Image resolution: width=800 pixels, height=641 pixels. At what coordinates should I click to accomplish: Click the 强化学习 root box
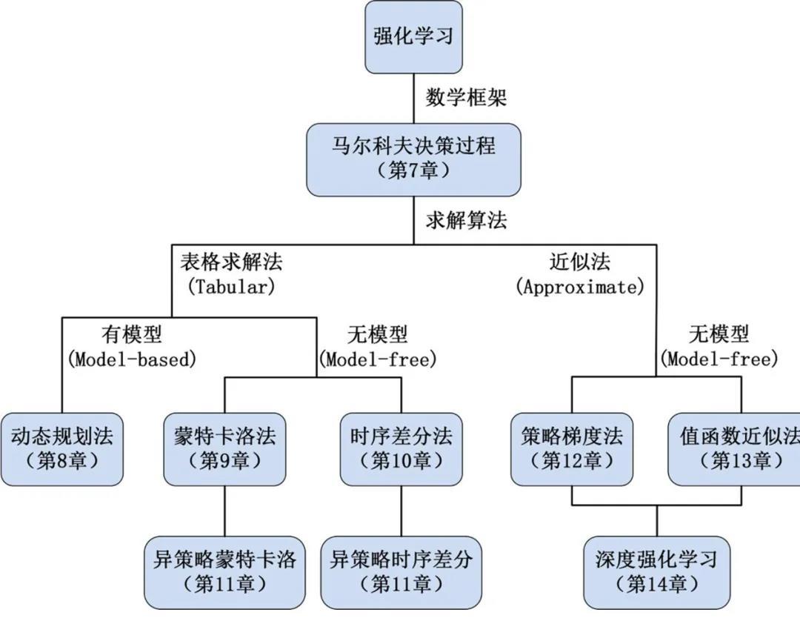[x=414, y=37]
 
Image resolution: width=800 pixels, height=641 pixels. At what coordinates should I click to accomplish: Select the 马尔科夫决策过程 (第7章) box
[x=414, y=160]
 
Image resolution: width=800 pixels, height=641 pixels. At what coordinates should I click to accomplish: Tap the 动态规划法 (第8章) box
[x=61, y=450]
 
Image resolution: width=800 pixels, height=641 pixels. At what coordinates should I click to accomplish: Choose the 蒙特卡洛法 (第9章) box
[x=224, y=450]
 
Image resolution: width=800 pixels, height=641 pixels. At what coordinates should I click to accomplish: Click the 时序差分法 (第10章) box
[x=401, y=450]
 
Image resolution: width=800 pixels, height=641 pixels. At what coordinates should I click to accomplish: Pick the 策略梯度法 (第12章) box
[x=572, y=450]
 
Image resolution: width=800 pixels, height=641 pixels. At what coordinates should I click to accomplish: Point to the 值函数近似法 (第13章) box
[x=734, y=450]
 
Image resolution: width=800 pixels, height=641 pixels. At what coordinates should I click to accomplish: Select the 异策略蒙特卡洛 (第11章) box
[x=224, y=573]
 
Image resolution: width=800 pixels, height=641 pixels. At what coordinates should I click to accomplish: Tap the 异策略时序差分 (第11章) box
[x=401, y=573]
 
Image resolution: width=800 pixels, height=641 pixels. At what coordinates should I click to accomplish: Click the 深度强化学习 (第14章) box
[x=656, y=573]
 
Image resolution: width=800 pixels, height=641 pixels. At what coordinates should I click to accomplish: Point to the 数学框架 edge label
[x=467, y=97]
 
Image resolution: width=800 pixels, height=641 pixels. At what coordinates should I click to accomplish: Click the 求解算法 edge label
[x=467, y=221]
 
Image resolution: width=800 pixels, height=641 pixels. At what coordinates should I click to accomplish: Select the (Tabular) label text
[x=231, y=286]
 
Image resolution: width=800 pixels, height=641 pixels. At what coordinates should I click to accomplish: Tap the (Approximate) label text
[x=579, y=286]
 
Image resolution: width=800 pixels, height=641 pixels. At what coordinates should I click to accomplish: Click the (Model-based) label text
[x=132, y=359]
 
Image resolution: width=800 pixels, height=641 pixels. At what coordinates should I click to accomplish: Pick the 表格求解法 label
[x=231, y=262]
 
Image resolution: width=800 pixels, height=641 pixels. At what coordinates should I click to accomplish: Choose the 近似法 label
[x=579, y=262]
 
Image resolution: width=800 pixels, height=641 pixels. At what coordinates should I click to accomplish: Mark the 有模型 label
[x=132, y=335]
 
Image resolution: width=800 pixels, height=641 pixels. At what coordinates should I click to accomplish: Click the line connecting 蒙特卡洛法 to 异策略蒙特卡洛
[x=224, y=511]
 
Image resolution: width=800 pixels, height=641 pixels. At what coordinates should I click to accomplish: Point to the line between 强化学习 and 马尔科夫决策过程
[x=414, y=99]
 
